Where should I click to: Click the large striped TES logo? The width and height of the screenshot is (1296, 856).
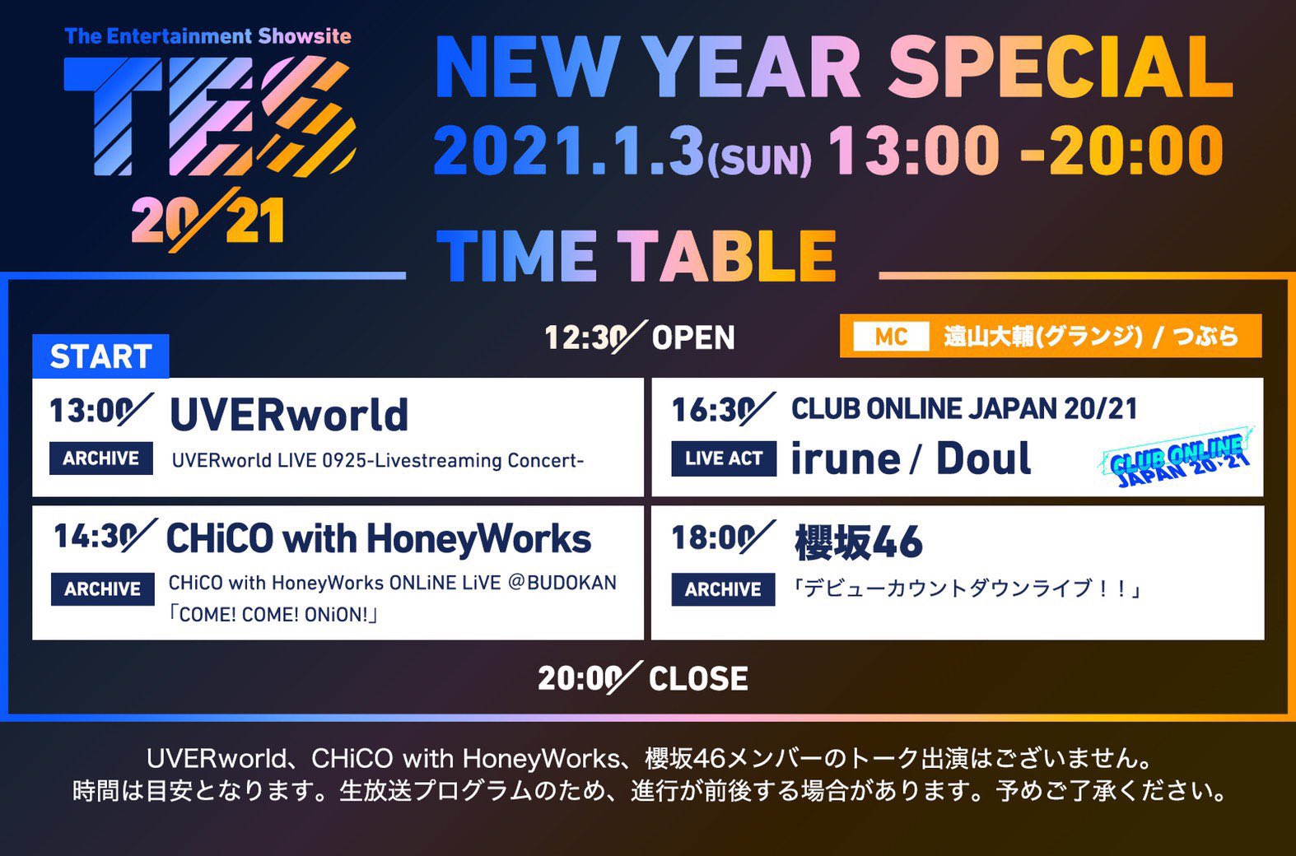click(x=209, y=116)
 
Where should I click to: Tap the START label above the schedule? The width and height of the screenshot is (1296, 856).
click(x=100, y=356)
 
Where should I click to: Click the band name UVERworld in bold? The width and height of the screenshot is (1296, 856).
click(x=289, y=414)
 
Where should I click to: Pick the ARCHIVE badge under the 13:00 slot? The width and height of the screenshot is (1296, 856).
click(x=101, y=458)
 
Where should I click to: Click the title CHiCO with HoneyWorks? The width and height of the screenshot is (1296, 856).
click(x=379, y=539)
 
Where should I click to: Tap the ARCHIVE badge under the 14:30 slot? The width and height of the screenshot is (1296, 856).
click(x=102, y=588)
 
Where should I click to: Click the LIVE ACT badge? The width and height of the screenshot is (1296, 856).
click(x=723, y=458)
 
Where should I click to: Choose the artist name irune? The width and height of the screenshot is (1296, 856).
click(x=846, y=458)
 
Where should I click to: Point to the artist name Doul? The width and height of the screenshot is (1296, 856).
click(x=984, y=458)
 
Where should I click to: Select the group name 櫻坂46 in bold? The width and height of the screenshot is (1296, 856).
click(x=859, y=542)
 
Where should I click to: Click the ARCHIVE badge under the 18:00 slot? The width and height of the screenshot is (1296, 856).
click(x=723, y=589)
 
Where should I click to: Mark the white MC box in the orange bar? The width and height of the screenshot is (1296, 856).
click(x=891, y=336)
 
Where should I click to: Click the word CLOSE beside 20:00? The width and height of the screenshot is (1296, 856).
click(x=697, y=678)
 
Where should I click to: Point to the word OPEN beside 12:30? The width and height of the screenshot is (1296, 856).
click(x=693, y=337)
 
